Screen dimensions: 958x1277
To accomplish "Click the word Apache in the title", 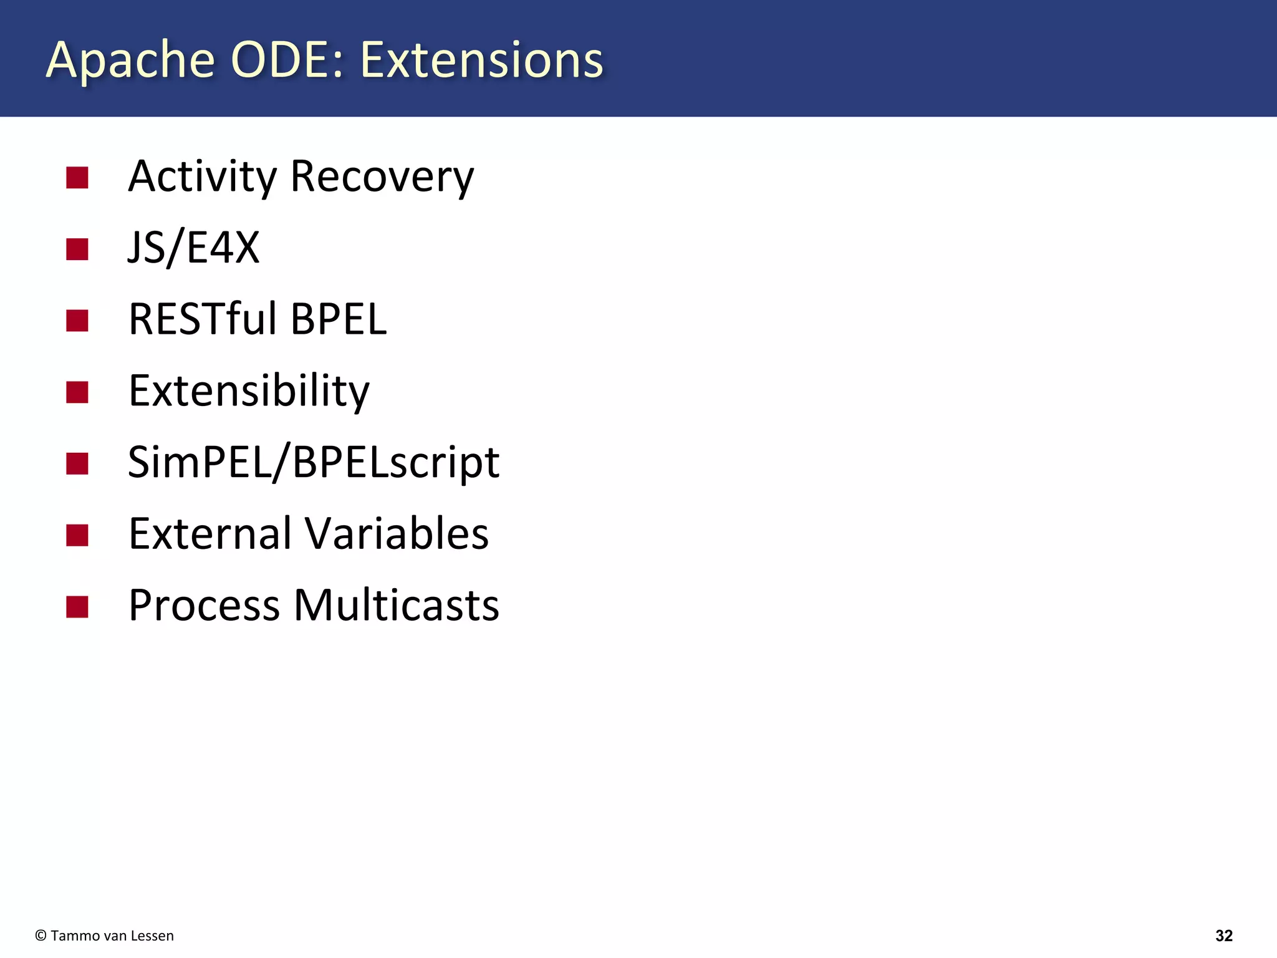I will click(130, 60).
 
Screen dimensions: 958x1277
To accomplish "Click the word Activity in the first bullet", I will click(202, 177).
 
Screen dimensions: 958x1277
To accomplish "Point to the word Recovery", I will click(382, 178).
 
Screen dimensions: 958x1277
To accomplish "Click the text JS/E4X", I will click(193, 248).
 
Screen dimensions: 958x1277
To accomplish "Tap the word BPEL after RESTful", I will click(339, 319).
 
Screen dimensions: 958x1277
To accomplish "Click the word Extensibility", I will click(249, 391).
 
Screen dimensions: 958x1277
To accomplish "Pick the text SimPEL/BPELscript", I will click(313, 463).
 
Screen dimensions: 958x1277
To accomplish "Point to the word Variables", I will click(397, 534).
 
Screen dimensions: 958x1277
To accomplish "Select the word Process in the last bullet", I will click(204, 606).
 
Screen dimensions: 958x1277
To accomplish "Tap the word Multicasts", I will click(397, 606).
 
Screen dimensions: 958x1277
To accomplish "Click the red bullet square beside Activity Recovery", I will click(77, 178).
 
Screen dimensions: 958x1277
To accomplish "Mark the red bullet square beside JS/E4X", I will click(77, 249).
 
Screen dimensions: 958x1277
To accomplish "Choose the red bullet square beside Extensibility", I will click(77, 392).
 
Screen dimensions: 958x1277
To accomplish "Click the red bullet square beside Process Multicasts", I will click(77, 607).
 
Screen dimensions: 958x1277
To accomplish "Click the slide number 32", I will click(1224, 936).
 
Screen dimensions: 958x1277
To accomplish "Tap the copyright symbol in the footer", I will click(41, 936).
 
